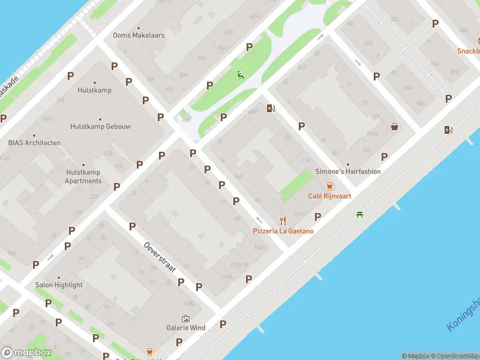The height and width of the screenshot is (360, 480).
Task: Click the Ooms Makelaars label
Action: point(139,35)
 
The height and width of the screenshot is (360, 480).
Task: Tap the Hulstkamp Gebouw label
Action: point(100,127)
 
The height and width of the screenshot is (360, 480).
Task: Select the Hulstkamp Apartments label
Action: point(83,176)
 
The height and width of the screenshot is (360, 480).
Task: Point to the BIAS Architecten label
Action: point(34,143)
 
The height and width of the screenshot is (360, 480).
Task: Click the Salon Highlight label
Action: point(59,284)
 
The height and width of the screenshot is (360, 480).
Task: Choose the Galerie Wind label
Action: point(186,328)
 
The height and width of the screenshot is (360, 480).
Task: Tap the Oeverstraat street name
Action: point(160,257)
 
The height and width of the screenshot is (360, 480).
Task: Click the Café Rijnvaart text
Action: point(329,196)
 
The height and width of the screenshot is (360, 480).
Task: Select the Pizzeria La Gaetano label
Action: point(283,231)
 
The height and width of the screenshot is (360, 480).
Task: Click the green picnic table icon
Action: point(359,214)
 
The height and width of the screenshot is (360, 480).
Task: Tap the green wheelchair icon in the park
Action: point(240,75)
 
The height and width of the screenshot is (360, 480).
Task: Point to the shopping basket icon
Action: point(395,127)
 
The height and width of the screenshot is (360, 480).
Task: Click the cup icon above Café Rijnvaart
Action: point(329,186)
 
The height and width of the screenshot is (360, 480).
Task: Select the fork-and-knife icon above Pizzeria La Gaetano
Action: point(283,221)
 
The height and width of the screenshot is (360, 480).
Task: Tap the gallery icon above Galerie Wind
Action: point(185,318)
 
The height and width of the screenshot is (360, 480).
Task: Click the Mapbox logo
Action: point(26,353)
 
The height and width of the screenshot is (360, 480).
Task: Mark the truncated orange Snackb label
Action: point(468,51)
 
